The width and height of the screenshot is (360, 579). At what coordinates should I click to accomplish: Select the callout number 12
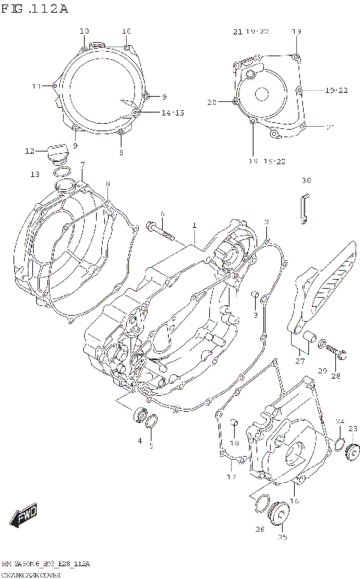click(x=30, y=151)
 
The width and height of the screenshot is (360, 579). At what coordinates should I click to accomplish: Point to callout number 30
click(x=306, y=181)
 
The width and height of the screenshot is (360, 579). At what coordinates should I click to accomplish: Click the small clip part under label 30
click(x=304, y=208)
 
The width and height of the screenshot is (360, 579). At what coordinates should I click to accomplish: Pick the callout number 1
click(x=193, y=225)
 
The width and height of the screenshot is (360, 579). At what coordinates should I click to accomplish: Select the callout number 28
click(x=335, y=376)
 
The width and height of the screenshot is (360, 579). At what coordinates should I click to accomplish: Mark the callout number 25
click(x=283, y=537)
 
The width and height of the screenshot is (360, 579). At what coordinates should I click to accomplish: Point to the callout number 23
click(x=352, y=429)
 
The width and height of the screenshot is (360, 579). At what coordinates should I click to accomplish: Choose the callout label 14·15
click(x=172, y=113)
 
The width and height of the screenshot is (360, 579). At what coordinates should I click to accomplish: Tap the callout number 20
click(x=211, y=103)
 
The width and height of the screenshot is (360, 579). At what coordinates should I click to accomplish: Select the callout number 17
click(x=232, y=477)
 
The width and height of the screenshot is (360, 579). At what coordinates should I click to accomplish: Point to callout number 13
click(x=34, y=175)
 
